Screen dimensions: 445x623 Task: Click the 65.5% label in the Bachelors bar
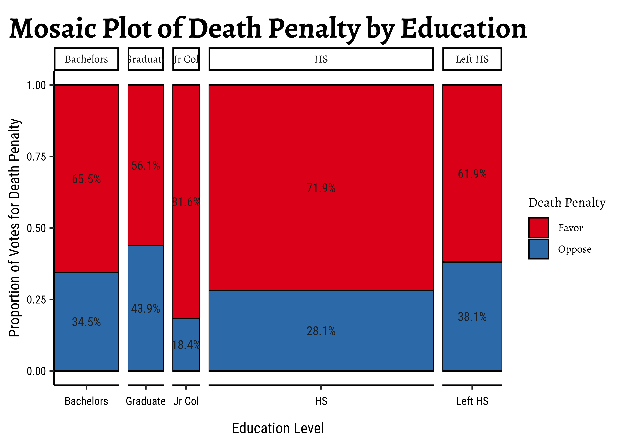coord(86,179)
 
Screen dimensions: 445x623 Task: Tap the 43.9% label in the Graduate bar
coord(146,309)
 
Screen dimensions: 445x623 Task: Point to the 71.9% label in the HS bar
coord(321,188)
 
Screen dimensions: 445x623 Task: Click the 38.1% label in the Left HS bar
coord(472,317)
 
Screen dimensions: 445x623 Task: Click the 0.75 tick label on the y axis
coord(36,157)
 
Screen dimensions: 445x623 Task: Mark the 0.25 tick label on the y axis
coord(36,299)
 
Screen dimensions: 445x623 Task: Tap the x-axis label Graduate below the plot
coord(146,401)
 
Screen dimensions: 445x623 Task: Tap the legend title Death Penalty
coord(567,203)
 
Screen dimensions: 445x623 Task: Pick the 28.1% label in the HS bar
coord(321,331)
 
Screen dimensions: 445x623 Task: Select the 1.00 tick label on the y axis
coord(36,85)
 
